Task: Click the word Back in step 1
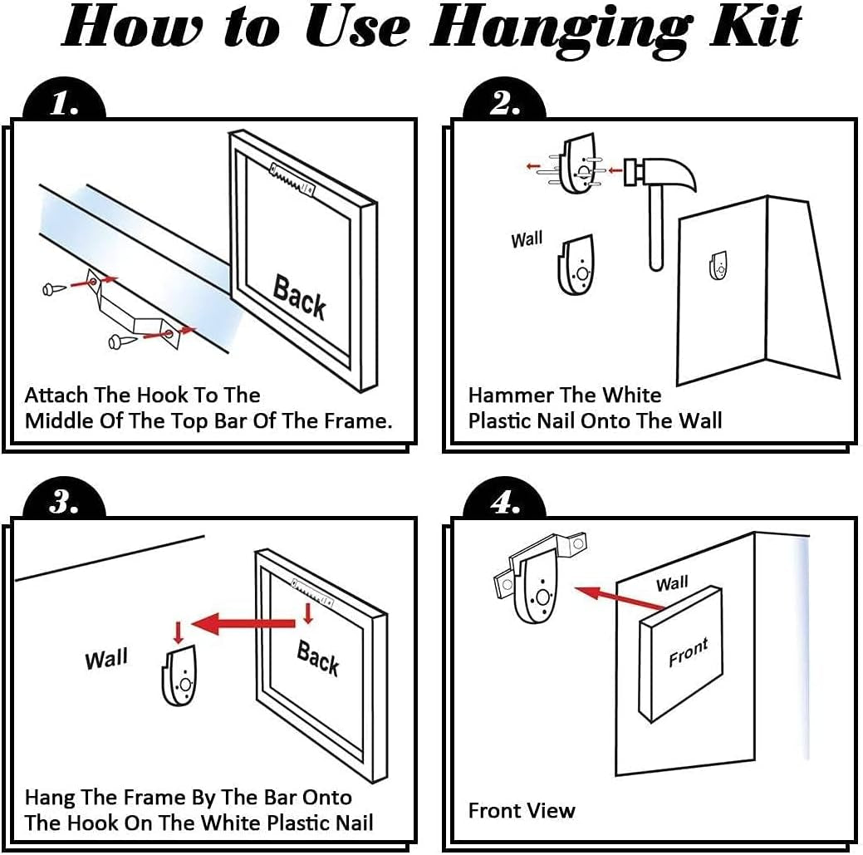click(299, 297)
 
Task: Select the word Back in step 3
click(318, 658)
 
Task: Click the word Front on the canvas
click(688, 652)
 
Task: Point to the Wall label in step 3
click(106, 658)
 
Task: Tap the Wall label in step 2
click(527, 239)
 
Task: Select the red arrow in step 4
click(620, 598)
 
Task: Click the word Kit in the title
click(755, 27)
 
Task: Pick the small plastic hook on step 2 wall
click(718, 265)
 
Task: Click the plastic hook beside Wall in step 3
click(179, 676)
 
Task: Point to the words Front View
click(522, 810)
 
